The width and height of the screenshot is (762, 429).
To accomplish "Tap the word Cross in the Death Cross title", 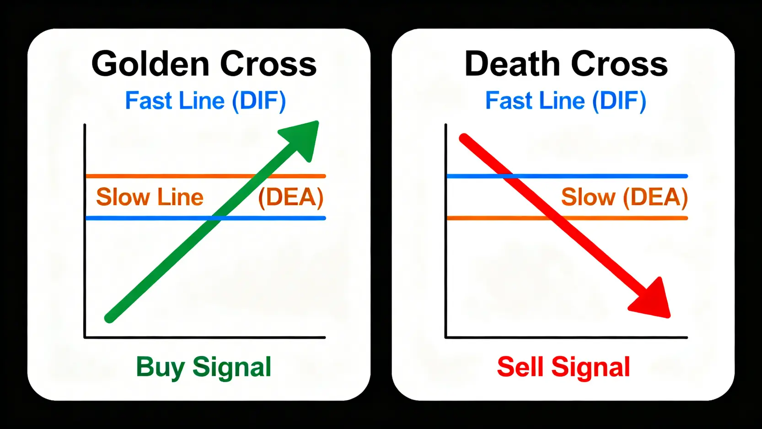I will click(x=619, y=64).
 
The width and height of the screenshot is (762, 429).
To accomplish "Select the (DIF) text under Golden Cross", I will click(x=259, y=101).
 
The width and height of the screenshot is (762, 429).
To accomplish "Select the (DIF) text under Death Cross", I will click(x=619, y=101).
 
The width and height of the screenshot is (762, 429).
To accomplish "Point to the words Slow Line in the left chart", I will click(x=150, y=197).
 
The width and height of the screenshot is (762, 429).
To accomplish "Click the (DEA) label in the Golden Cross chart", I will click(x=291, y=197).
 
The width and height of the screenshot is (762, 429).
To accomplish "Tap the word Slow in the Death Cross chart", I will click(x=588, y=197).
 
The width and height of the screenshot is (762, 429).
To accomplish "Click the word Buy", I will click(x=160, y=367).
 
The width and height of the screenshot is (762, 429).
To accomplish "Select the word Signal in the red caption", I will click(x=590, y=367).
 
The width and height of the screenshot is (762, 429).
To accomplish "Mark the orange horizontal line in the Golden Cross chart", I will click(x=160, y=176).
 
